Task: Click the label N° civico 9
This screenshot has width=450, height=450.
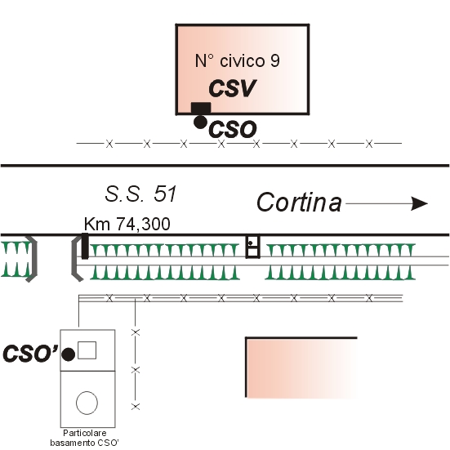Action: click(237, 60)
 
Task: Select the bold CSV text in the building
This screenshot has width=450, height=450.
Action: click(232, 88)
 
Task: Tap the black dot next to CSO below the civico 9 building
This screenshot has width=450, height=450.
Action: click(200, 123)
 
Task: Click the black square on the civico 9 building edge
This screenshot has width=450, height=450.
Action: click(201, 108)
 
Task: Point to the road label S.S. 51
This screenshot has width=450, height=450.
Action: click(140, 194)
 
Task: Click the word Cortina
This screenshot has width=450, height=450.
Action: click(299, 203)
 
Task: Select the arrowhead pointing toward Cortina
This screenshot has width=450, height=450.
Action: click(419, 203)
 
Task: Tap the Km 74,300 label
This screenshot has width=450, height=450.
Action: click(127, 224)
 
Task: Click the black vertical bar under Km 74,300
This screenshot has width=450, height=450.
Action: click(85, 247)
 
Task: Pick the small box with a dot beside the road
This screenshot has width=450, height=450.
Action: click(253, 247)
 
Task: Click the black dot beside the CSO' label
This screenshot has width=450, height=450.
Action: click(69, 354)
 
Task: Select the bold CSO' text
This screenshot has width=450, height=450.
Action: click(30, 353)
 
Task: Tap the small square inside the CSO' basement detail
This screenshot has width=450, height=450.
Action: click(87, 350)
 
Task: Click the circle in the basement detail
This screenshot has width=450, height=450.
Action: click(87, 403)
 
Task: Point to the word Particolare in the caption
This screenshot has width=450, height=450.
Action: click(85, 433)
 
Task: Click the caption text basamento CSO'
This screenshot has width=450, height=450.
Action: click(84, 443)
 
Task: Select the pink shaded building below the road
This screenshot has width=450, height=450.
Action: click(301, 368)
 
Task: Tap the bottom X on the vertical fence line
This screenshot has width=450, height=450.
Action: click(136, 407)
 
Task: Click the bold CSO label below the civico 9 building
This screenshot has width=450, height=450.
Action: click(233, 129)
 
